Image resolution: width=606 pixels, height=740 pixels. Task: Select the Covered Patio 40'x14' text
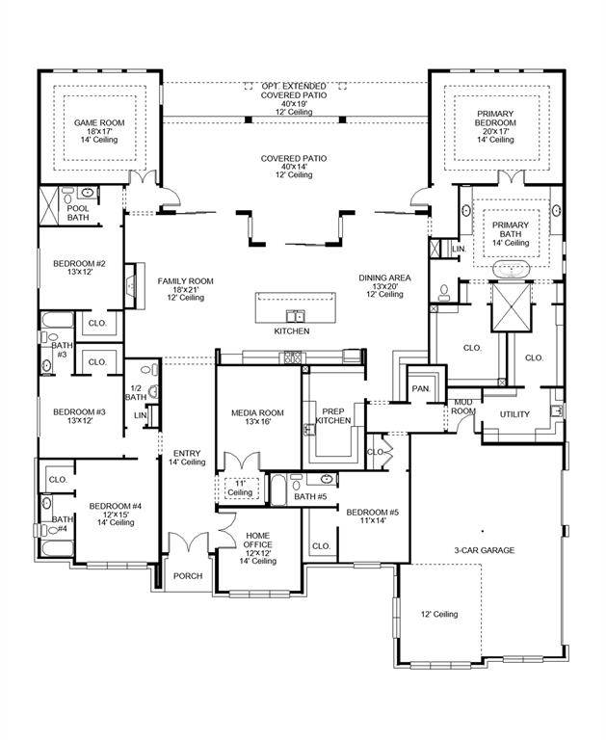click(293, 166)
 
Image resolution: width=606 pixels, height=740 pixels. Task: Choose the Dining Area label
click(384, 285)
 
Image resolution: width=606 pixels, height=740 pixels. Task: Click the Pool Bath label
click(78, 212)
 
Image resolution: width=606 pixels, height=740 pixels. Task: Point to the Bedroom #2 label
click(78, 268)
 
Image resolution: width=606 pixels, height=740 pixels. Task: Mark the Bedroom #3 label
click(78, 416)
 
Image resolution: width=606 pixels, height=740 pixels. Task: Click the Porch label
click(187, 576)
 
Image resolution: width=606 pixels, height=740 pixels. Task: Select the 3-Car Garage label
click(485, 550)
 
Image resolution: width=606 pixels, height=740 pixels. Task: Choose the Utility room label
click(514, 414)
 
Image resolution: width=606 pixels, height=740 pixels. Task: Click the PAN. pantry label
click(420, 388)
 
